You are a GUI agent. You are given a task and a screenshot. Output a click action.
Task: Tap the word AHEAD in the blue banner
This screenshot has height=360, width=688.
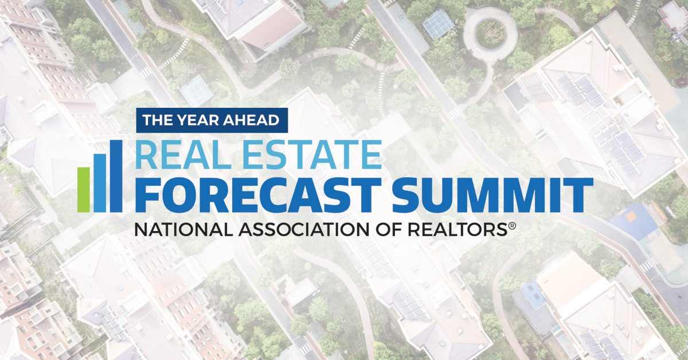(x=251, y=120)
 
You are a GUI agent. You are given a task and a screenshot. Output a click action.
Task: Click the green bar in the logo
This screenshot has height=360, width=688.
(x=84, y=190)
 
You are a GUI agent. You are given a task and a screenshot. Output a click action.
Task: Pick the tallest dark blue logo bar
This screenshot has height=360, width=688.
(x=116, y=176)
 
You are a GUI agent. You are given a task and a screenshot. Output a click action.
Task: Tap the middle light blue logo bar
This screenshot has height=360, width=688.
(x=100, y=183)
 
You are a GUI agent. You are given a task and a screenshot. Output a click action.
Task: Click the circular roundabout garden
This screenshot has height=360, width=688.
(x=490, y=33)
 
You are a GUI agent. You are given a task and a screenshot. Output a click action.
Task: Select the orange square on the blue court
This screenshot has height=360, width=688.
(x=631, y=217)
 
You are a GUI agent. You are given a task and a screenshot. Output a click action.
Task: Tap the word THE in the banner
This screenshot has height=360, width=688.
(x=158, y=120)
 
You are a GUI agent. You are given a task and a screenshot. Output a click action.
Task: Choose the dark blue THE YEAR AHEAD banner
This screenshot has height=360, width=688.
(x=212, y=120)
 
